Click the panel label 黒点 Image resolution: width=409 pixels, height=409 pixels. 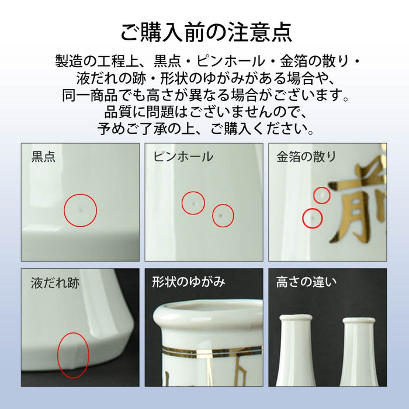point(43,157)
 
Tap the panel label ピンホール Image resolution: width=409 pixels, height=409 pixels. point(183,157)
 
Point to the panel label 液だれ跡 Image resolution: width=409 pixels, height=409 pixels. point(55,284)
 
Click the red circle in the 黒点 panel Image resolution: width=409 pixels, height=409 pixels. point(80,210)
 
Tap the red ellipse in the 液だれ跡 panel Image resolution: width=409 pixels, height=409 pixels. point(73,355)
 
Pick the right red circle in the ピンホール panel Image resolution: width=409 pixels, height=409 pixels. point(223,216)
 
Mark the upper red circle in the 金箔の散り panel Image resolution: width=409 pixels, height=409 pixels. point(322,195)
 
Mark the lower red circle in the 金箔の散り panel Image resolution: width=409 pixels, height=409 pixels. point(313,219)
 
